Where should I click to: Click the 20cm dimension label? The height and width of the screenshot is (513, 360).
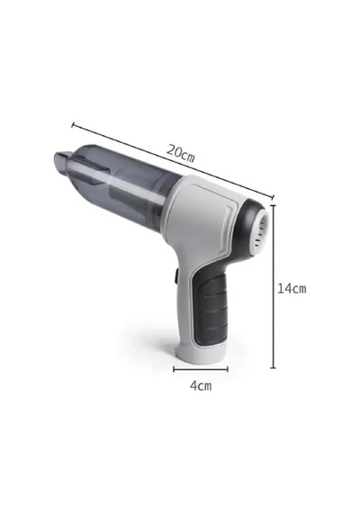[180, 153]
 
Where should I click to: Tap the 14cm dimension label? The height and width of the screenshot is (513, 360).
[292, 289]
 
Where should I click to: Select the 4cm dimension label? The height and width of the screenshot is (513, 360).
[201, 386]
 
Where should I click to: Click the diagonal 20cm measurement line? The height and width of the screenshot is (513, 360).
[173, 160]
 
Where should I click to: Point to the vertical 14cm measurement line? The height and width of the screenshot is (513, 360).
[273, 286]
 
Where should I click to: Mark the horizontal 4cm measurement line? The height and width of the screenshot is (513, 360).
[201, 369]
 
